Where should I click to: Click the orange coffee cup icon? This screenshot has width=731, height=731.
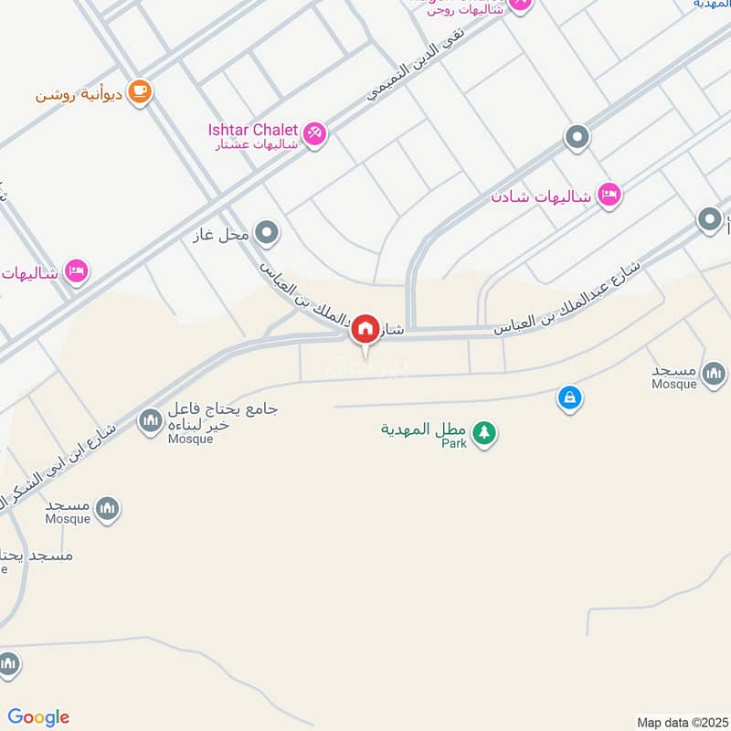[139, 91]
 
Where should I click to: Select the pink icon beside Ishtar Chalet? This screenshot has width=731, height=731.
[314, 133]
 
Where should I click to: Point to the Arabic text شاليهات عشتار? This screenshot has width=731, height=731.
[258, 143]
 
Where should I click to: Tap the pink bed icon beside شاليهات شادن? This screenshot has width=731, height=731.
[609, 194]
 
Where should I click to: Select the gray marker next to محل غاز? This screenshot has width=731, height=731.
[266, 233]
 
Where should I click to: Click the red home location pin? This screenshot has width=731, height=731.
[365, 330]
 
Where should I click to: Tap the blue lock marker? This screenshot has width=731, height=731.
[569, 398]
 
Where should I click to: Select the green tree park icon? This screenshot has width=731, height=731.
[484, 432]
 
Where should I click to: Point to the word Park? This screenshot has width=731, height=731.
[454, 443]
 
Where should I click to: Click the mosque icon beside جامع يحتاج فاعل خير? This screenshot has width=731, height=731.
[149, 420]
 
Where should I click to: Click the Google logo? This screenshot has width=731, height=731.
[38, 716]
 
